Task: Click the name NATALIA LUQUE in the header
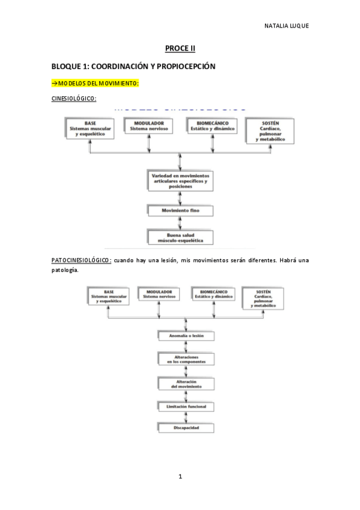(287, 26)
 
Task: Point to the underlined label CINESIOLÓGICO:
(74, 98)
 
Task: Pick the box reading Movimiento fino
(180, 211)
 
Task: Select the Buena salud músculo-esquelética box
(180, 236)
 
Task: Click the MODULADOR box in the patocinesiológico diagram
(159, 294)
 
